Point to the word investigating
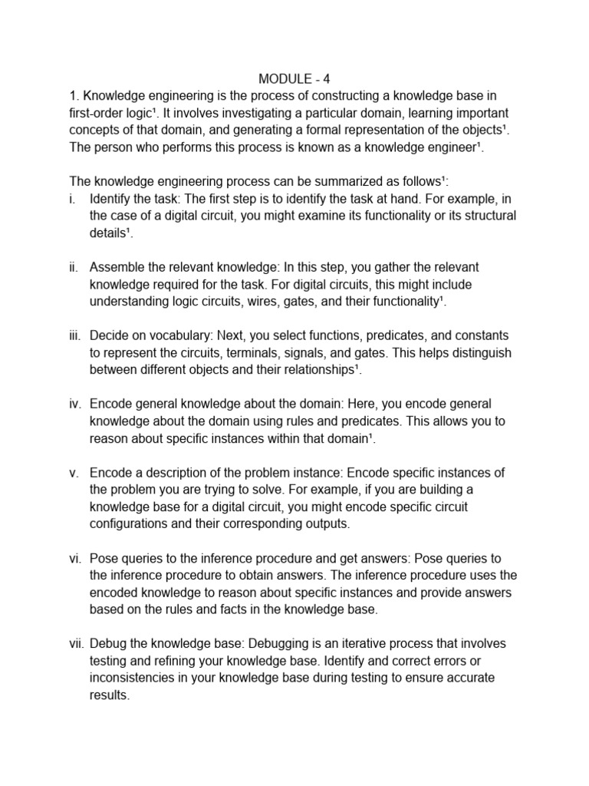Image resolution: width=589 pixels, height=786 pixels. [239, 112]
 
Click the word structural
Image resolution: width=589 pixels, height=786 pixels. [484, 216]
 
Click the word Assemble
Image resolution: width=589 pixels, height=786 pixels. [119, 267]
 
